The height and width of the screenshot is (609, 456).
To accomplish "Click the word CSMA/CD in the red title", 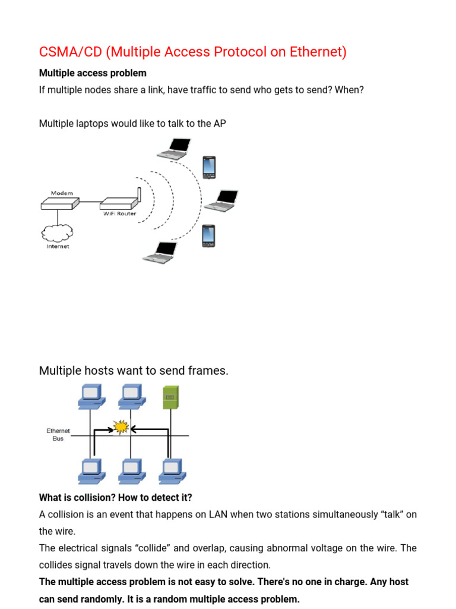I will pyautogui.click(x=71, y=52).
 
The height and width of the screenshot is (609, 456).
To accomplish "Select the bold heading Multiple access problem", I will pyautogui.click(x=92, y=73).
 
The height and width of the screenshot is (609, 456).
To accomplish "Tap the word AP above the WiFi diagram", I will pyautogui.click(x=219, y=124).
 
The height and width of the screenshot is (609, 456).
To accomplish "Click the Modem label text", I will pyautogui.click(x=62, y=193).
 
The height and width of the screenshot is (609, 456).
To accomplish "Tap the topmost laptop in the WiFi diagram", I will pyautogui.click(x=175, y=148).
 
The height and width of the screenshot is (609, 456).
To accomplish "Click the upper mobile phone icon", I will pyautogui.click(x=208, y=167).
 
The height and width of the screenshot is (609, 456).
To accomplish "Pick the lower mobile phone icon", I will pyautogui.click(x=208, y=236).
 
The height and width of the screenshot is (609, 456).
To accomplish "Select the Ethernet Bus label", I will pyautogui.click(x=58, y=434).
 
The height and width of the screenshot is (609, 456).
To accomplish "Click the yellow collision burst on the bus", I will pyautogui.click(x=122, y=426).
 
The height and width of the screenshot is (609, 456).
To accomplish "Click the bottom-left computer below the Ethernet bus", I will pyautogui.click(x=92, y=470).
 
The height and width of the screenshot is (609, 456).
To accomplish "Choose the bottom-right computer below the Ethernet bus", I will pyautogui.click(x=172, y=470).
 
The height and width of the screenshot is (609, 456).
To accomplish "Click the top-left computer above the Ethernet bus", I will pyautogui.click(x=92, y=397).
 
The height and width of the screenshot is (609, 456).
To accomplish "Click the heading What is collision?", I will pyautogui.click(x=83, y=497).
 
